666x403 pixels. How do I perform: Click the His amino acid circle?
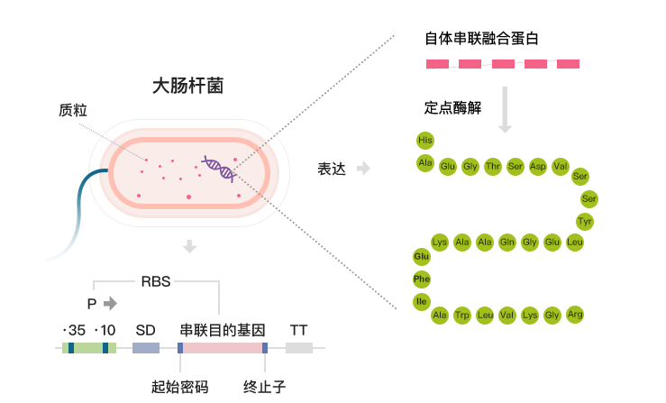(425, 140)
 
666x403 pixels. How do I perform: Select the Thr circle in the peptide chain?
(493, 166)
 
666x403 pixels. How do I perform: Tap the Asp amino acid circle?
(538, 166)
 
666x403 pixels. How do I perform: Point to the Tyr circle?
(585, 221)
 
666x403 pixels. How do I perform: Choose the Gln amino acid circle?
(507, 242)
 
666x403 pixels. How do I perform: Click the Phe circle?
(422, 279)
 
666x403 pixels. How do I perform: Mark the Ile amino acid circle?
(422, 300)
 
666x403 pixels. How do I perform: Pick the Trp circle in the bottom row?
(462, 315)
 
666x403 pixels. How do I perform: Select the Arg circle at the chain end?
(575, 314)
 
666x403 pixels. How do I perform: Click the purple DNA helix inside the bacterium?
(219, 168)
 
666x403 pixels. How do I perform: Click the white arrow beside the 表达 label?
(363, 169)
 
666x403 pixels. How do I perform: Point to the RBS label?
(156, 281)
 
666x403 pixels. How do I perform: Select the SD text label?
(145, 330)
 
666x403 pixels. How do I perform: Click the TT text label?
(299, 330)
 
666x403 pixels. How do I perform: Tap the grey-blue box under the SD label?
(145, 347)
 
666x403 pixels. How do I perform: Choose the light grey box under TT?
(299, 347)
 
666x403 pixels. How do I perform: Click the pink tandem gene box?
(222, 347)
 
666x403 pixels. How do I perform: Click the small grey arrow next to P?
(110, 303)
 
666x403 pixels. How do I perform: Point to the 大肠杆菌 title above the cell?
(187, 87)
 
